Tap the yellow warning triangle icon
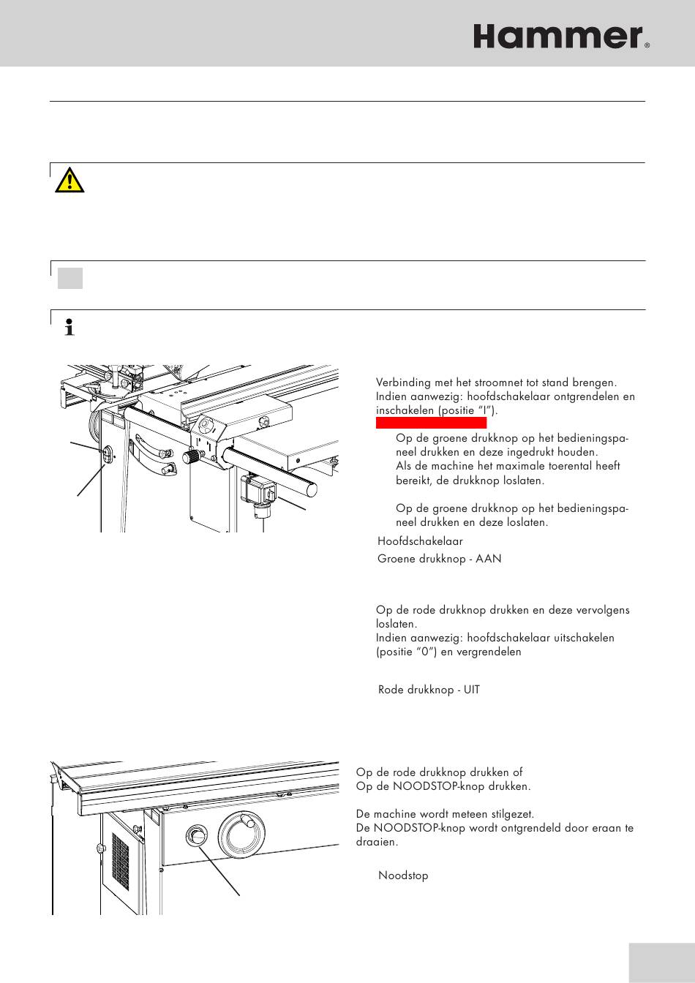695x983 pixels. pos(70,179)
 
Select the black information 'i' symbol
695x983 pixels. pos(70,327)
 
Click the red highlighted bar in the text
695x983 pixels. pos(431,423)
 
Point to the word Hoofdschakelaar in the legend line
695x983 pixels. pos(420,542)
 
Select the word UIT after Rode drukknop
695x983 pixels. pos(472,690)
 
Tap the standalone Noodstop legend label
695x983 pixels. pos(402,875)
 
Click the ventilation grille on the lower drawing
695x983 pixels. pos(119,858)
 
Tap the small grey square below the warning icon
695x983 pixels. pos(70,278)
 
